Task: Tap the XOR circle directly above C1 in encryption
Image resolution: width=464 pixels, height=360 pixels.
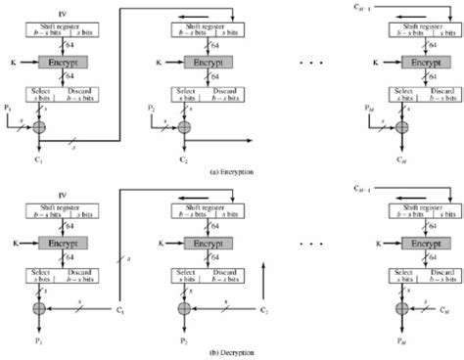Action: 39,128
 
